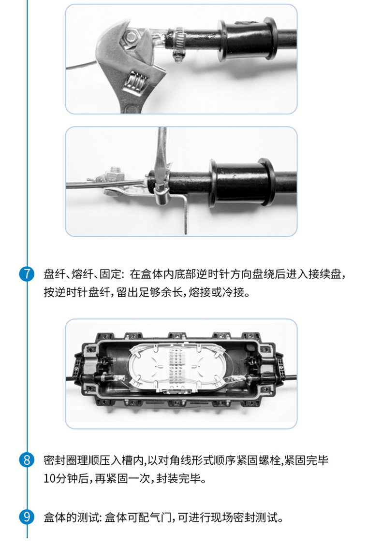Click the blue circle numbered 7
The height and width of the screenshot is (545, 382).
pos(27,274)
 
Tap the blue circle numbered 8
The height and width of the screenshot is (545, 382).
pos(27,460)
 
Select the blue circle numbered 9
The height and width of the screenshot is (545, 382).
pos(27,517)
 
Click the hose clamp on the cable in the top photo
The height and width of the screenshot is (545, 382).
pos(178,44)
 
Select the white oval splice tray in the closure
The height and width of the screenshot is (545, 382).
pos(175,368)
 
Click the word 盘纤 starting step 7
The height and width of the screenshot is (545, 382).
pos(54,274)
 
